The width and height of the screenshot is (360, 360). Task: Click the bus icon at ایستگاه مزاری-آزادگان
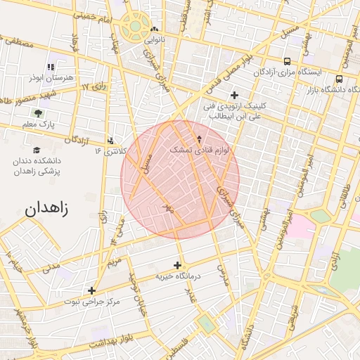[287, 61]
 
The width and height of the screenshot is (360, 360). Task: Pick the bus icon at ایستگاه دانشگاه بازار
[340, 79]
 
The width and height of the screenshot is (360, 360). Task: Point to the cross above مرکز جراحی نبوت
[91, 290]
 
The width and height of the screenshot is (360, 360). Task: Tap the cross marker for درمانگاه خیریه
[177, 265]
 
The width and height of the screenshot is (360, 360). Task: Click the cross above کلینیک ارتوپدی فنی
[234, 95]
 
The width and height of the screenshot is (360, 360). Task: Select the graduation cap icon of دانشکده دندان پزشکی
[36, 150]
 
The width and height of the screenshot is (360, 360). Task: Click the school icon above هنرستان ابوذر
[50, 67]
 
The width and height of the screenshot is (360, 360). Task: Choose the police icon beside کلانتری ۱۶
[110, 139]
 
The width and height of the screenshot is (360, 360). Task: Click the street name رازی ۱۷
[93, 86]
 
